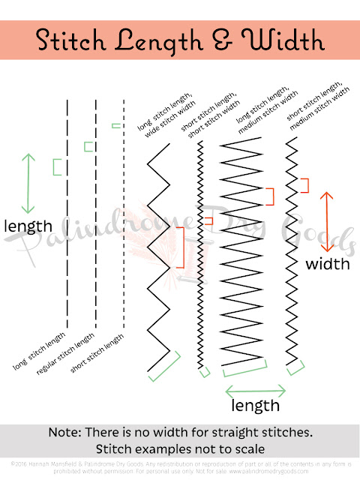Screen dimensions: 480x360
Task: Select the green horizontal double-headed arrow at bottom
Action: (x=256, y=389)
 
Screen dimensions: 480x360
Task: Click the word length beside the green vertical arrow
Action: (x=28, y=226)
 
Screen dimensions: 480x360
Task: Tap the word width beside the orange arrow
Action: (x=327, y=264)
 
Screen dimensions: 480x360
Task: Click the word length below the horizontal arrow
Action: (x=256, y=406)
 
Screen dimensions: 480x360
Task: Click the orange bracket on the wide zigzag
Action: (x=181, y=247)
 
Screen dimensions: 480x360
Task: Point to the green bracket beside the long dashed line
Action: (x=56, y=166)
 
